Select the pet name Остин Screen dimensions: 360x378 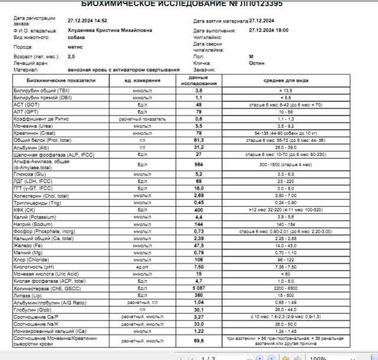[x=256, y=63]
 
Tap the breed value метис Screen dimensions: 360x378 [x=75, y=46]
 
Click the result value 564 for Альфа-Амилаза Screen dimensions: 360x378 [x=199, y=164]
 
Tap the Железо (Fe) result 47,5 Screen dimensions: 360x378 [x=199, y=245]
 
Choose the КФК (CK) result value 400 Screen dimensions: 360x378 [x=199, y=210]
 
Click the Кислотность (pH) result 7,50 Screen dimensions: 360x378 [x=199, y=267]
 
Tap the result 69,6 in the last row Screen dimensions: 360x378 [x=199, y=340]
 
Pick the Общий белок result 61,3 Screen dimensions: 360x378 [x=199, y=141]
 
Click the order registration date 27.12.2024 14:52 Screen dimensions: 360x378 [x=87, y=20]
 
